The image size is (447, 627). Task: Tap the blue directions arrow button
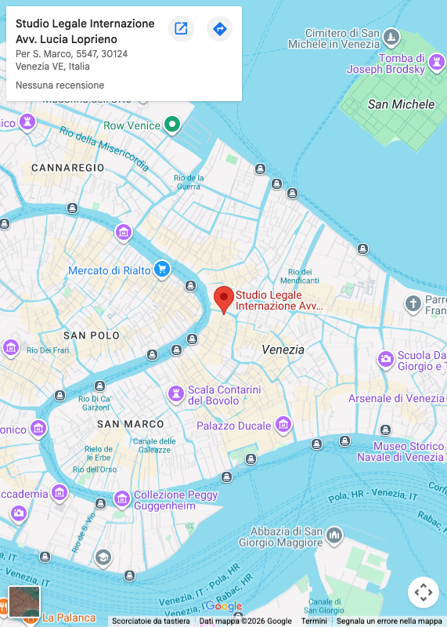219,29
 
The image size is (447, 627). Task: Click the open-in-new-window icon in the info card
181,29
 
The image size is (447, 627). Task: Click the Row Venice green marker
172,125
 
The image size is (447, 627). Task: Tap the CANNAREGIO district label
68,168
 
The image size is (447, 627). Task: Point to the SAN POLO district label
92,335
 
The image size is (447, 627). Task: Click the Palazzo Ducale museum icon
283,425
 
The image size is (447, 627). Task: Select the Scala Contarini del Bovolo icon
176,391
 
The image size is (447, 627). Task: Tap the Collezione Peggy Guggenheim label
175,501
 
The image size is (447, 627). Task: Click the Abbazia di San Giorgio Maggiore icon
334,535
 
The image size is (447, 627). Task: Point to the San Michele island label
401,104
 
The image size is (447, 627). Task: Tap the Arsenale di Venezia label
396,398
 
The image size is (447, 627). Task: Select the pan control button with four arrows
423,592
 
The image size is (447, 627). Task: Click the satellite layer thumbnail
23,601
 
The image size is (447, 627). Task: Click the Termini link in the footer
314,621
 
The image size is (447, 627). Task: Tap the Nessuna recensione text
59,85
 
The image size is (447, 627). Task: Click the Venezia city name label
283,350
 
